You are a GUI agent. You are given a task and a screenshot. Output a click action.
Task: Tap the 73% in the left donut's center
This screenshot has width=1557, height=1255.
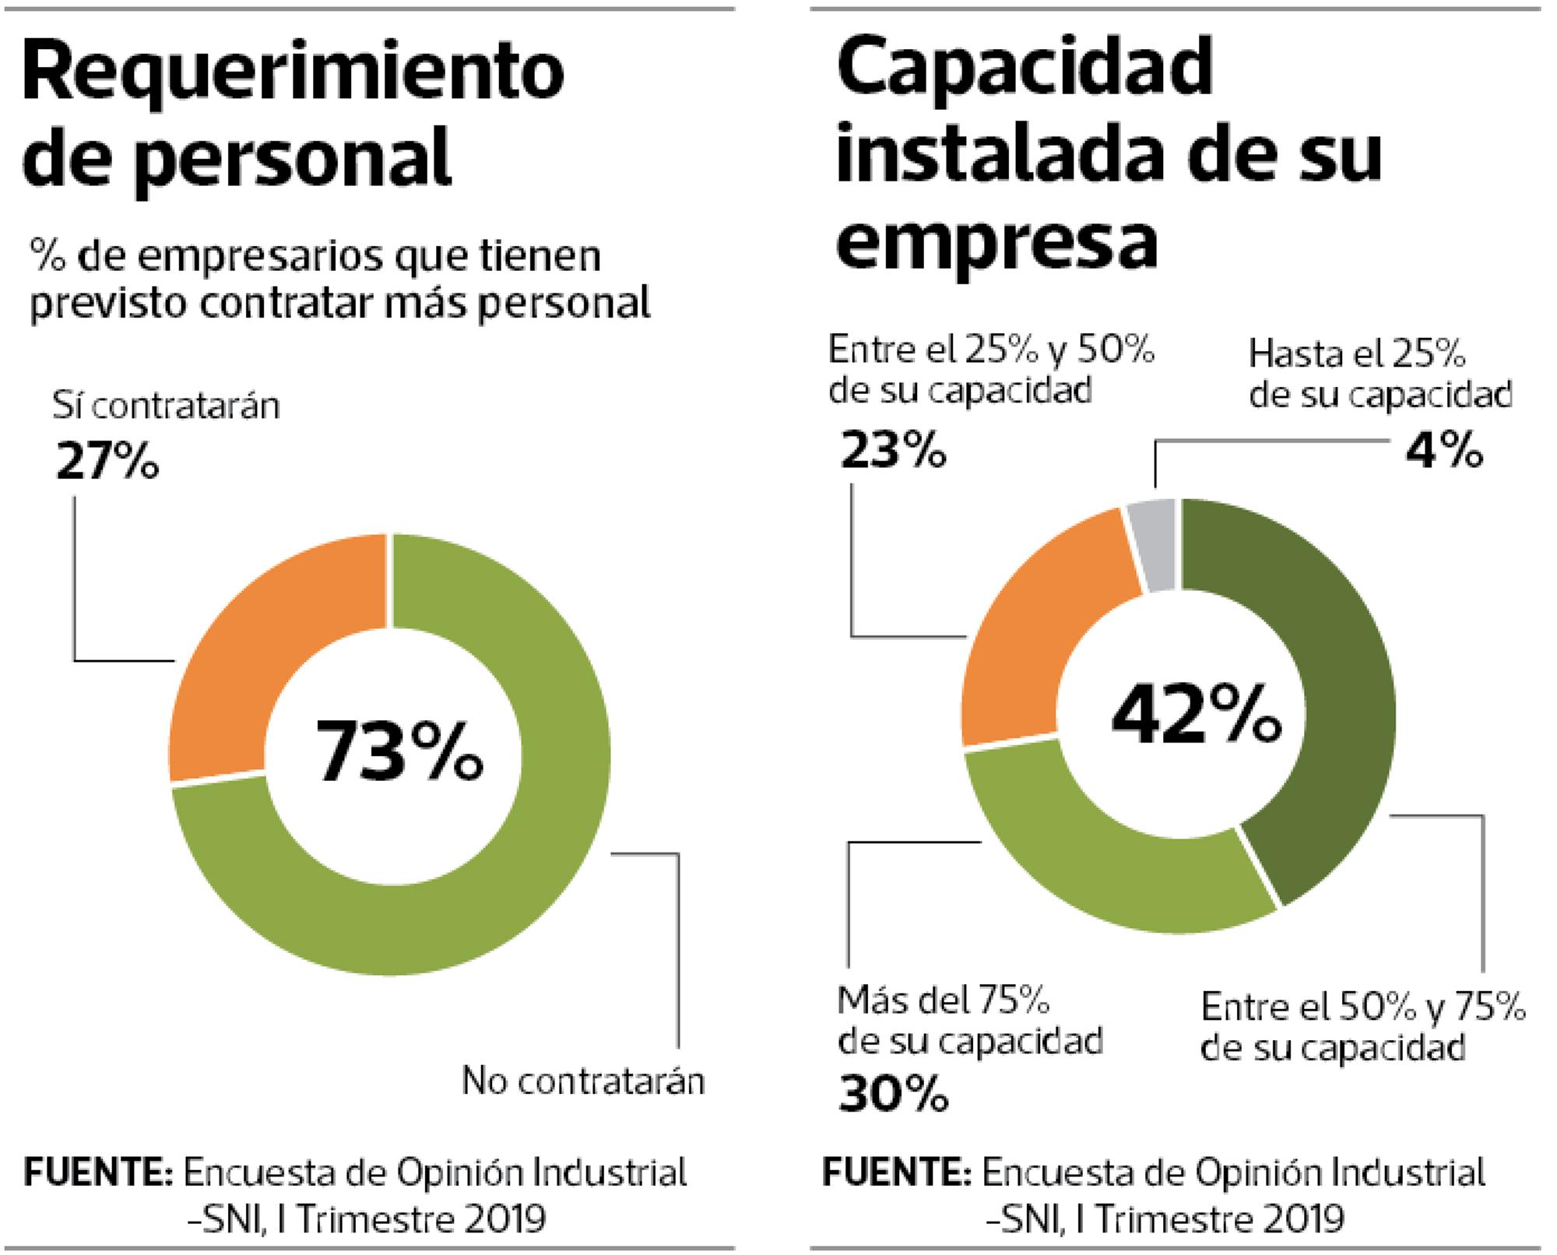[399, 751]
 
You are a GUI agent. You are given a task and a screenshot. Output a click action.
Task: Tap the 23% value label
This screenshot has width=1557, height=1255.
[893, 451]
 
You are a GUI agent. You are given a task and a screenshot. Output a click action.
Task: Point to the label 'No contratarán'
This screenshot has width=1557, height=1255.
[583, 1081]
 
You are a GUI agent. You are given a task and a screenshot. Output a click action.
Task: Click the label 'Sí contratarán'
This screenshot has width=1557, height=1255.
[166, 406]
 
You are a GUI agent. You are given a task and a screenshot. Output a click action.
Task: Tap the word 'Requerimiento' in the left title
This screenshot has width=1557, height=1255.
[293, 74]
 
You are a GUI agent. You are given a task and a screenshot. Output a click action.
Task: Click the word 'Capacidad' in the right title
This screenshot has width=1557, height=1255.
[1025, 67]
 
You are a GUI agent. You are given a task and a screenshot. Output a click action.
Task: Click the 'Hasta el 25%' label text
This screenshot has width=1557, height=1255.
[1357, 355]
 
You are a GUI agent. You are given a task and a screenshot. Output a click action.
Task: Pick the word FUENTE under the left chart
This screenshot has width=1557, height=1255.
[98, 1172]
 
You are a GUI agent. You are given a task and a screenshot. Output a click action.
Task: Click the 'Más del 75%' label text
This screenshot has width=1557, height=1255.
[944, 1001]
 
